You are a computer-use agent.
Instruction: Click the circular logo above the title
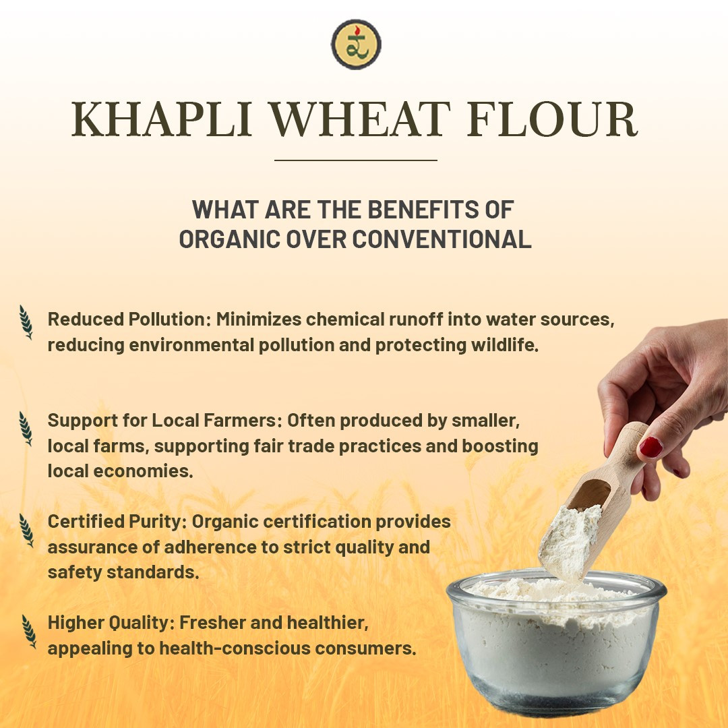(356, 44)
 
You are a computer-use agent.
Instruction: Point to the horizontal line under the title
(356, 160)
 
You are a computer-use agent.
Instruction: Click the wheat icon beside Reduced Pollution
(26, 322)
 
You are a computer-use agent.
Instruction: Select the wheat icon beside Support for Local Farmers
(26, 428)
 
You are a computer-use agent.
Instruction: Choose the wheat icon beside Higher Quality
(28, 631)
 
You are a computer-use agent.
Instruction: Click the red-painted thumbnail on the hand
(651, 446)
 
